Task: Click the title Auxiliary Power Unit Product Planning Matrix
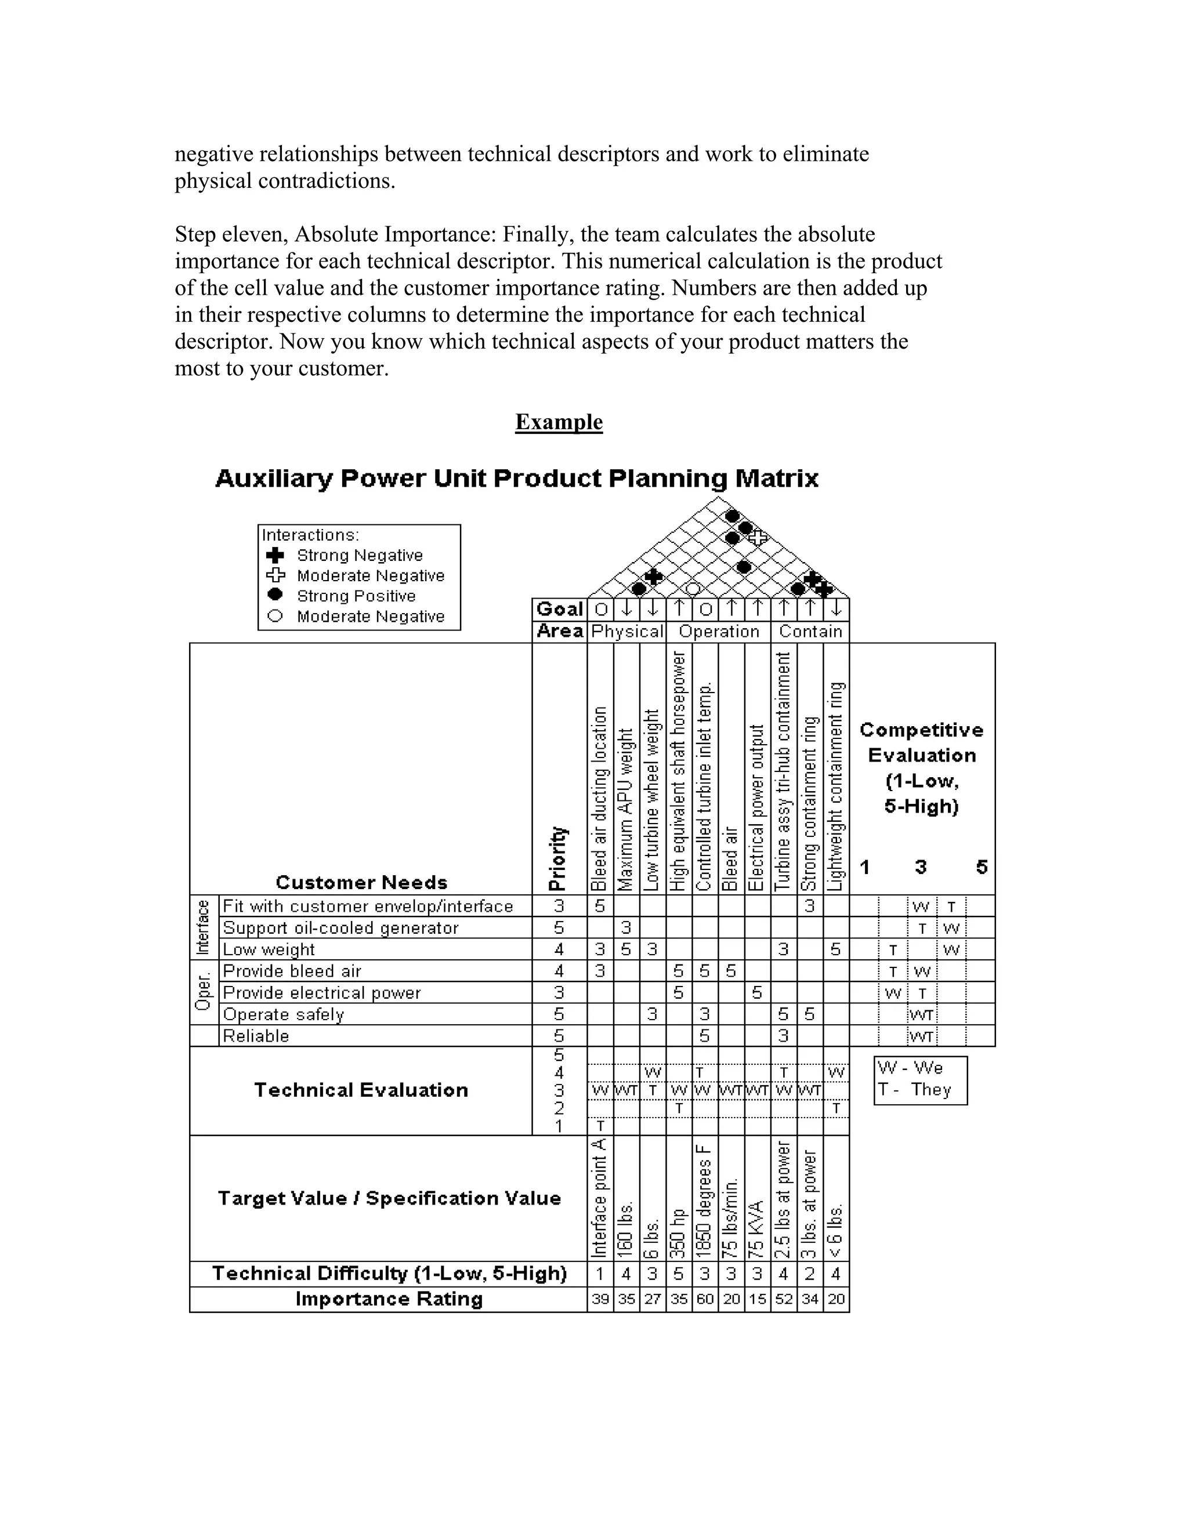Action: [x=517, y=479]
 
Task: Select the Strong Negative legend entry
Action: [x=359, y=555]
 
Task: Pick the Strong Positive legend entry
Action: [x=356, y=596]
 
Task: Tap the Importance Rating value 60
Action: [x=704, y=1299]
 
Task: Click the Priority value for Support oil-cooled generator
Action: [x=559, y=927]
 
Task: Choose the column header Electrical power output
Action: [x=756, y=808]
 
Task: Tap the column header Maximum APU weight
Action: [x=626, y=809]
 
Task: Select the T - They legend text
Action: [x=914, y=1090]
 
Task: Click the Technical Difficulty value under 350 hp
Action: [x=679, y=1274]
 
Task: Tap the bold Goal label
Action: [x=560, y=610]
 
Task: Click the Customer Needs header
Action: [x=361, y=883]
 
